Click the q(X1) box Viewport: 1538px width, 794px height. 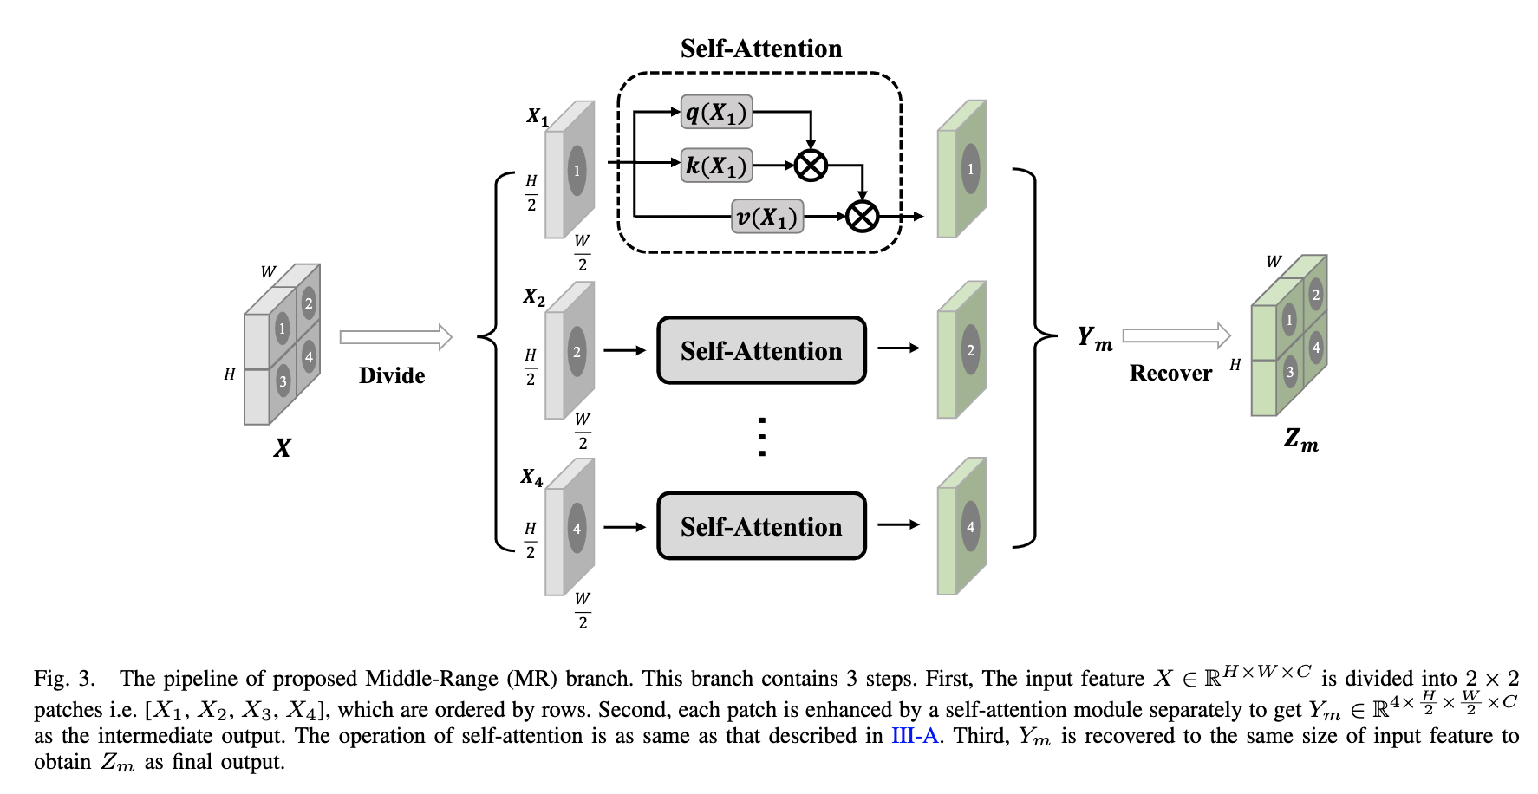716,113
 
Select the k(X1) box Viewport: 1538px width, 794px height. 716,165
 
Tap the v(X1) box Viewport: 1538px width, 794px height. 767,217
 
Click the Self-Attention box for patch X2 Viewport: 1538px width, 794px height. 761,350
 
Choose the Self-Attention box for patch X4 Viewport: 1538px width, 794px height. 761,526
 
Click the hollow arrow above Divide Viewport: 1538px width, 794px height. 395,337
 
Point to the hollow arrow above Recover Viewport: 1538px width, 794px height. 1176,335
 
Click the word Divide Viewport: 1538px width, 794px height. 392,375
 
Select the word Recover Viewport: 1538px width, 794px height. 1170,374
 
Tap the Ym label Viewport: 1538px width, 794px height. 1094,338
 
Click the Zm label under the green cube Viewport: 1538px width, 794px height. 1300,440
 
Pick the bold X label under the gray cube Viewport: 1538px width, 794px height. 283,448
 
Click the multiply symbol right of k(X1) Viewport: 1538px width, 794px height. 811,165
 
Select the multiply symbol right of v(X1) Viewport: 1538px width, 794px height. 862,217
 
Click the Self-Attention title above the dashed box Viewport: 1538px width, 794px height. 761,49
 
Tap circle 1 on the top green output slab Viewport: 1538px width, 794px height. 970,170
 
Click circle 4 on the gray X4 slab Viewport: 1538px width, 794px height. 577,529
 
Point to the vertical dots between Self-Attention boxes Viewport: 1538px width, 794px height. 761,437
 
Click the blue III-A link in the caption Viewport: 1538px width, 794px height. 915,736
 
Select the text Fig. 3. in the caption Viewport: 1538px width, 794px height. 64,679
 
